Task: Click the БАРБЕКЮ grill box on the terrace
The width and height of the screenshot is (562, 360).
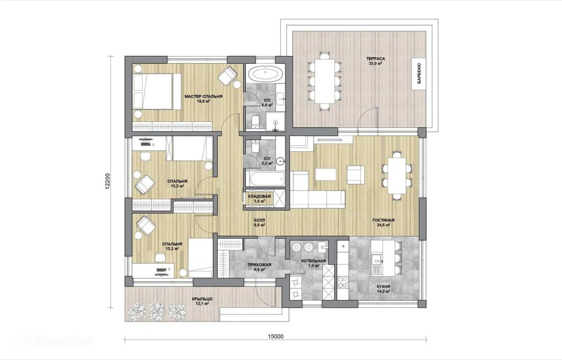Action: [x=419, y=74]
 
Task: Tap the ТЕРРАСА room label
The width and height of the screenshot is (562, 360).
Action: [x=375, y=59]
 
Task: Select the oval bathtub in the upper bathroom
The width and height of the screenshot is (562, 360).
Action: [x=266, y=75]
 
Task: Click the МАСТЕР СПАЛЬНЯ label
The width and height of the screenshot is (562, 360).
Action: [x=204, y=97]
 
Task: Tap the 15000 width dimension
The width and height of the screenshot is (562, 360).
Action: [x=276, y=336]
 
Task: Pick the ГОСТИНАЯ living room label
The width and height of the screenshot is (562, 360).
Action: [x=383, y=220]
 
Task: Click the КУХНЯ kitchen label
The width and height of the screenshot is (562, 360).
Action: [x=383, y=287]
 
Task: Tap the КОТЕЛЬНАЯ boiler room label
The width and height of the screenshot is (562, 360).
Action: [x=313, y=261]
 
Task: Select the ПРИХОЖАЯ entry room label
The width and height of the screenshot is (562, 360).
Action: [x=260, y=265]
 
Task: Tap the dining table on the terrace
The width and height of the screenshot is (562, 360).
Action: [x=324, y=81]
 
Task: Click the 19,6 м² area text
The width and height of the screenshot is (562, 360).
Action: [x=204, y=101]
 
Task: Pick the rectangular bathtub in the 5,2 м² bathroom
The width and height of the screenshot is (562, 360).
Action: [x=265, y=178]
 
